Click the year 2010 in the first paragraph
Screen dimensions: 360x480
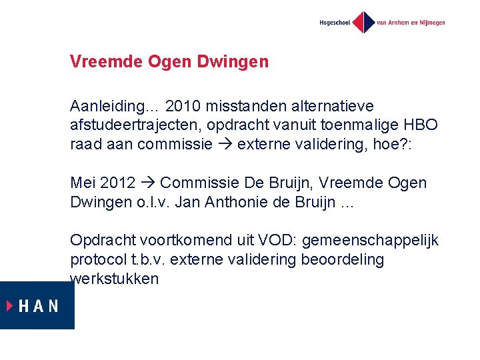point(182,106)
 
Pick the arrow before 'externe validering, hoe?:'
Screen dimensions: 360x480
point(227,143)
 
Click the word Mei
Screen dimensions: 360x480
point(83,183)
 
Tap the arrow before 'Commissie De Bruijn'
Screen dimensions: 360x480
point(147,183)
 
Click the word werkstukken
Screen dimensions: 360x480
point(114,278)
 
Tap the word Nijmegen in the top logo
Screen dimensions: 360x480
point(430,23)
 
